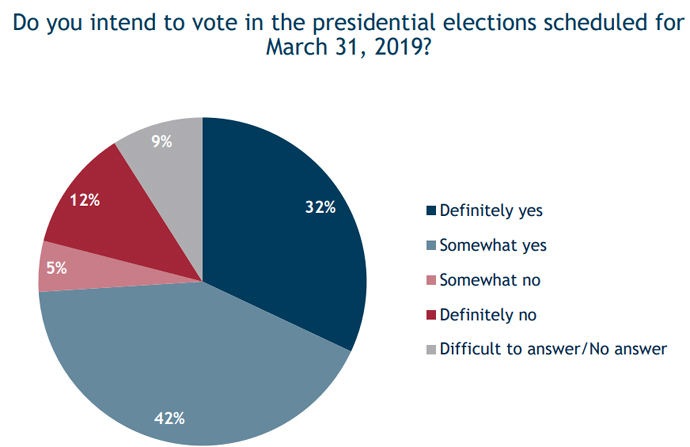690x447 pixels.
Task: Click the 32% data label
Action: (x=319, y=208)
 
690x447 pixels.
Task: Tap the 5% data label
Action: (x=55, y=267)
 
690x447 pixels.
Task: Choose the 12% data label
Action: (x=87, y=200)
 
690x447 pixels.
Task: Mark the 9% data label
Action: (x=162, y=141)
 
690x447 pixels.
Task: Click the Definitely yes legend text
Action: (x=489, y=211)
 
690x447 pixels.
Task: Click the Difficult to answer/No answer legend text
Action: (x=553, y=348)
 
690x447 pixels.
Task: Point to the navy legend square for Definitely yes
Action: (x=431, y=211)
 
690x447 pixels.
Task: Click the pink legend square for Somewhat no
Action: (x=431, y=280)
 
